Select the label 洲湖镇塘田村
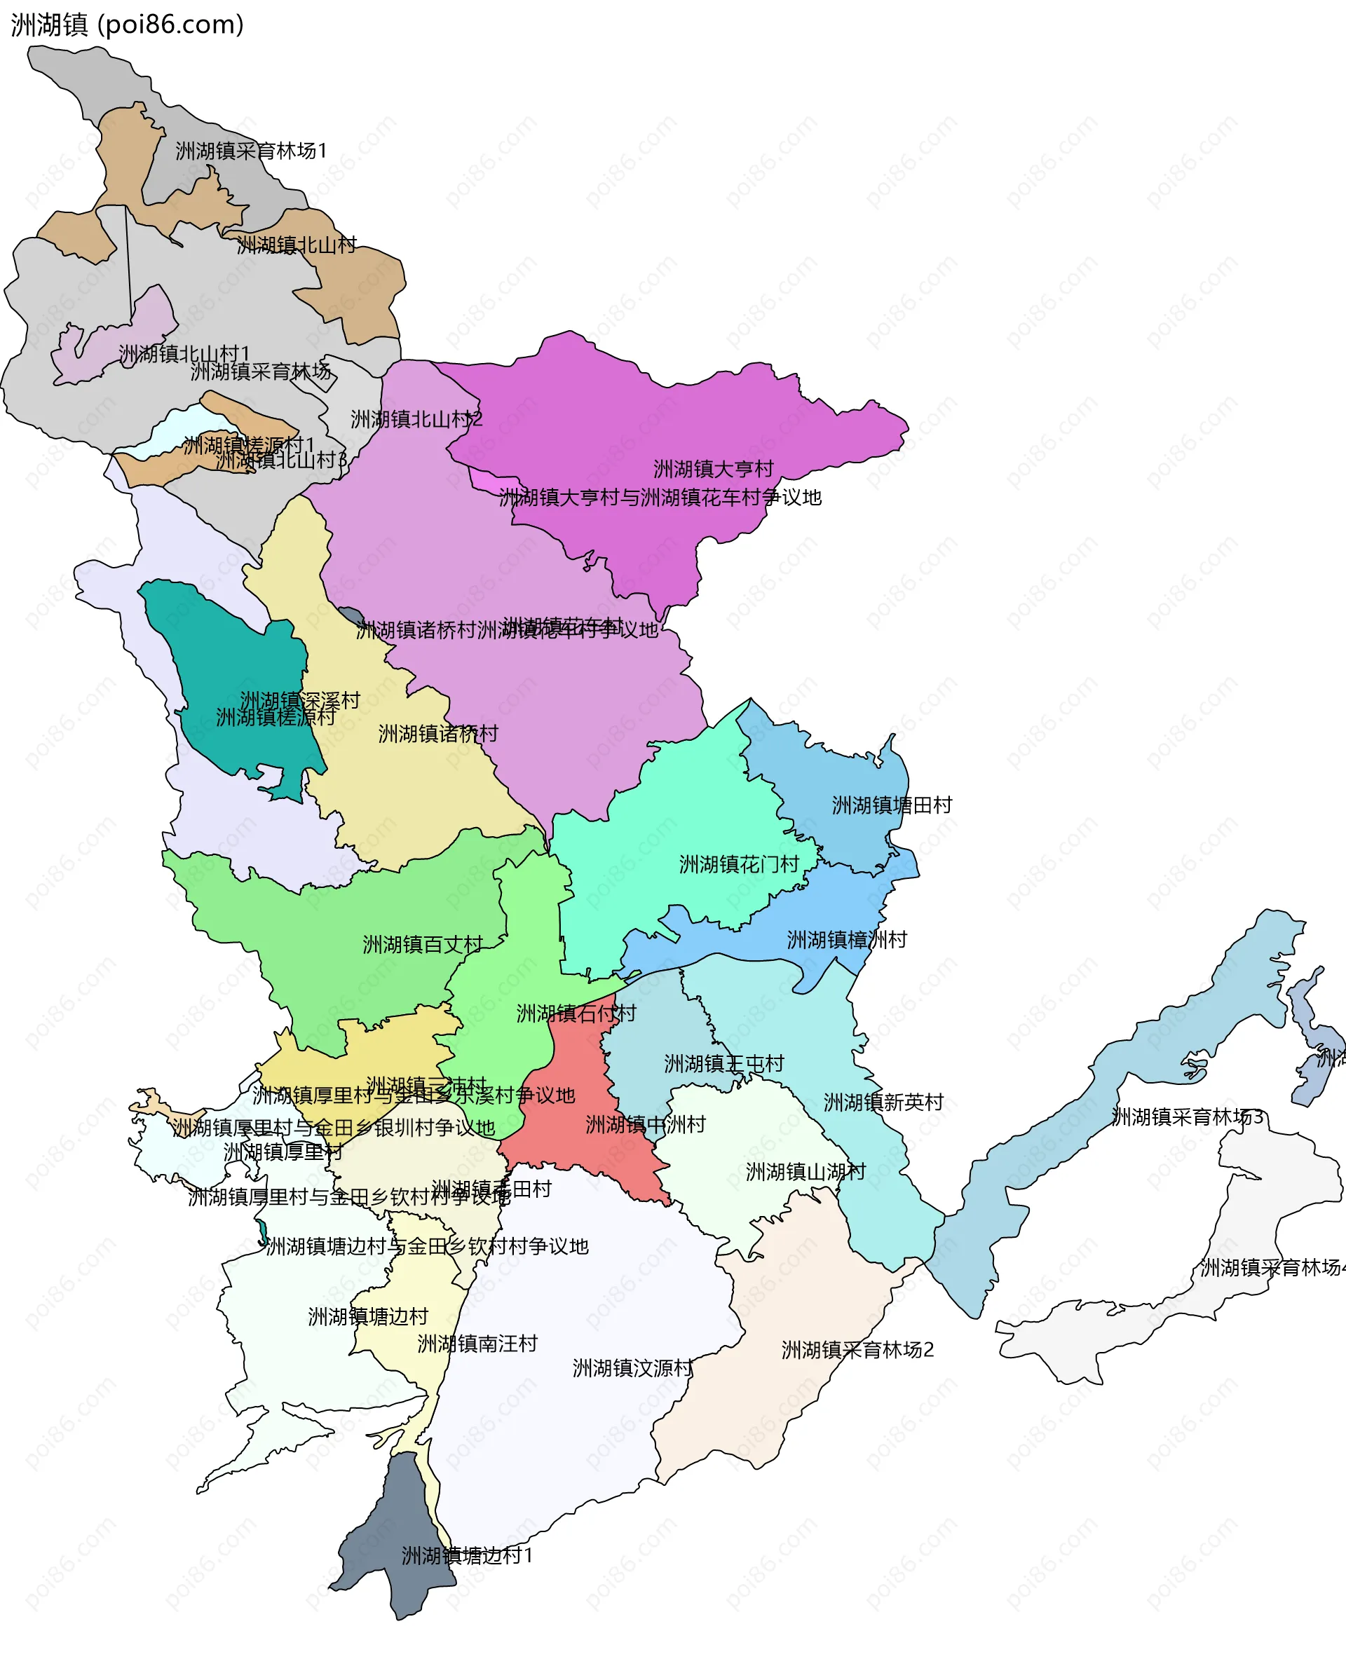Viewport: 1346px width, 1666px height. (892, 805)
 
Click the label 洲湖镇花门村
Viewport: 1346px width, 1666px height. (739, 864)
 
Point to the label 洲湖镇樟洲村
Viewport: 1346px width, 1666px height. (847, 940)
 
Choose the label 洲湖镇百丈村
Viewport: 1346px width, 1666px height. (423, 944)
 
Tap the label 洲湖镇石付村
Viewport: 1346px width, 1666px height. (576, 1013)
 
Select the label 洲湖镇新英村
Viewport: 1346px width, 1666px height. (883, 1102)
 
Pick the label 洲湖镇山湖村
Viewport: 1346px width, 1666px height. (805, 1171)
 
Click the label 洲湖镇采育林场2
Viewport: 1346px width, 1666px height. (857, 1350)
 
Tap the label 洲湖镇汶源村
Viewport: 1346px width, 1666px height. (632, 1368)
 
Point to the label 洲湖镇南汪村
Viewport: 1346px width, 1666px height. (477, 1344)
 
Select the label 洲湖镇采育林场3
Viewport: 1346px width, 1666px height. (1187, 1117)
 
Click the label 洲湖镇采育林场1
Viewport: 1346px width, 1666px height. (251, 151)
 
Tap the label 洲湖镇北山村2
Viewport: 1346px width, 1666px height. (416, 419)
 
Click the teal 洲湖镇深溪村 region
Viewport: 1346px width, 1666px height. (233, 659)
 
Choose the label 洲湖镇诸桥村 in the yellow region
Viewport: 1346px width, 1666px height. (438, 733)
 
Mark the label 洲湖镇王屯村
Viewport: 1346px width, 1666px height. (723, 1064)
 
